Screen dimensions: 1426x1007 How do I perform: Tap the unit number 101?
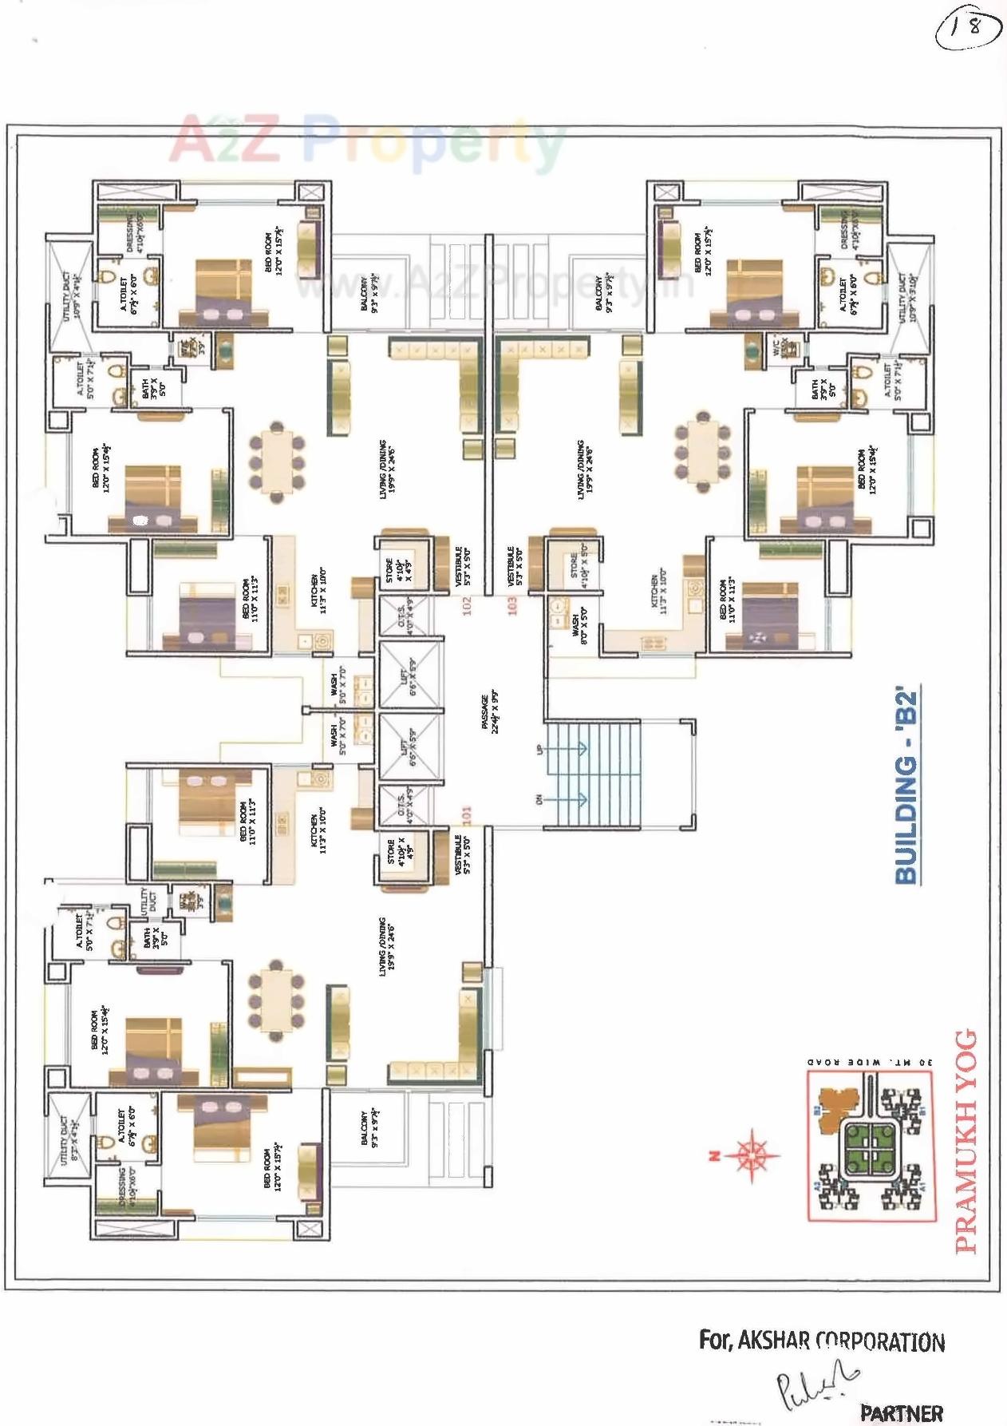[467, 814]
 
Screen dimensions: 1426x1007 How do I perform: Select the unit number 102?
[467, 605]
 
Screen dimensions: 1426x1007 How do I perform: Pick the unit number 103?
[512, 605]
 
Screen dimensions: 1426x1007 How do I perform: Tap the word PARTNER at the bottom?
[901, 1412]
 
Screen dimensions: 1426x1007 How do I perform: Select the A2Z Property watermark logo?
[367, 144]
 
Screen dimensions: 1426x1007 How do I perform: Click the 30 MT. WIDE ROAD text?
[869, 1062]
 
